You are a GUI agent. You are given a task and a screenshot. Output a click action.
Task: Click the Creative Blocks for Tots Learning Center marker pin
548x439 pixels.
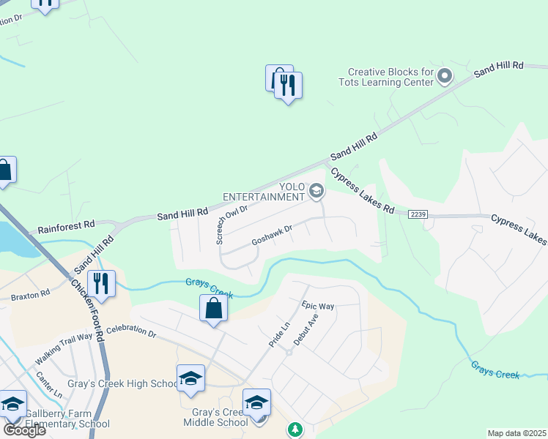(444, 75)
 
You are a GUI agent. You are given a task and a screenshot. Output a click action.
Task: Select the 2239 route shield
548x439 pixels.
(418, 214)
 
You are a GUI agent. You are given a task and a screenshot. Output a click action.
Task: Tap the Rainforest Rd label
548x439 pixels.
(67, 224)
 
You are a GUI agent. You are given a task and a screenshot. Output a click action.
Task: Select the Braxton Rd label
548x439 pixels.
(30, 296)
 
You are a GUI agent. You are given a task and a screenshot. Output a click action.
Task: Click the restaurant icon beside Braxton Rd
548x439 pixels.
(101, 284)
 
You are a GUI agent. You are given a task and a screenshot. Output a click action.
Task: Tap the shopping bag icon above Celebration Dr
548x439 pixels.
(213, 308)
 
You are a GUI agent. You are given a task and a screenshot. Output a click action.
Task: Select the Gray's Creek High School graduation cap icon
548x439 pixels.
(190, 378)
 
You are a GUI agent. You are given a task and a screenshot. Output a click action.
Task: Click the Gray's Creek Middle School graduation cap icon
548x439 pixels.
(256, 402)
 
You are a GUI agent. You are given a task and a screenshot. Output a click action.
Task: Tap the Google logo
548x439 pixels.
(24, 429)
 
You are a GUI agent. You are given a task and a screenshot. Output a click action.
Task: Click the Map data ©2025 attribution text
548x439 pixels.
(516, 433)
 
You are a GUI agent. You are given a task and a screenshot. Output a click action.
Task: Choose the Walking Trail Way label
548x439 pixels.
(64, 348)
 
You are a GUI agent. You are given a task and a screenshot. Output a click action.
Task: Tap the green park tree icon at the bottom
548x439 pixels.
(295, 429)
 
